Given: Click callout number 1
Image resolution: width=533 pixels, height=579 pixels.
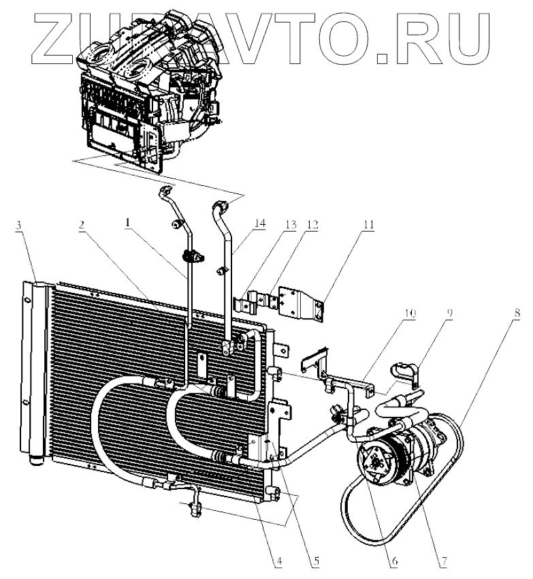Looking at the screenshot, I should click(x=128, y=222).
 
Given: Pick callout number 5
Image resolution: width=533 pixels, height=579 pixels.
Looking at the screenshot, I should click(x=315, y=563).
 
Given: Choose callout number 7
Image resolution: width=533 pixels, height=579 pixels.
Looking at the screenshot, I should click(x=442, y=563).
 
